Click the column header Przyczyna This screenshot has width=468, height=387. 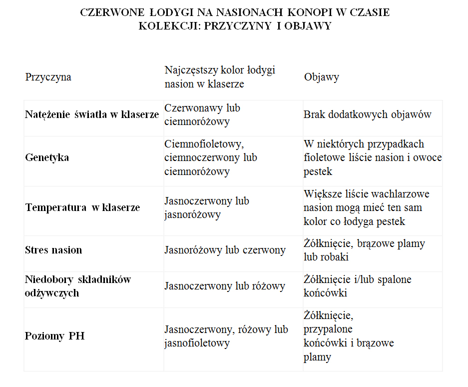click(x=48, y=77)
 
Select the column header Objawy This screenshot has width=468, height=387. click(x=321, y=77)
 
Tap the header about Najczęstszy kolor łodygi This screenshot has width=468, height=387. click(x=220, y=77)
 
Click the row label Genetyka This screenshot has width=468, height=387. click(x=47, y=157)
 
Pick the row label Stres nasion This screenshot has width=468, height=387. click(x=53, y=250)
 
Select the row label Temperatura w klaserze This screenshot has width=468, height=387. click(x=82, y=207)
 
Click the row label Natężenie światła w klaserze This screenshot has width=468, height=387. click(x=92, y=114)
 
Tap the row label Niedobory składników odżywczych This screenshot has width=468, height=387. click(x=77, y=286)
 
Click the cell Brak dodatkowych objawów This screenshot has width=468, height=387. click(x=367, y=114)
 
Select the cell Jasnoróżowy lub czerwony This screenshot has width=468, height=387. click(x=225, y=250)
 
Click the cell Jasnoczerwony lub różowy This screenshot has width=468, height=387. click(x=225, y=286)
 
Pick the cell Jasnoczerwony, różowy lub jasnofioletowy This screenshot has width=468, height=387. click(x=226, y=336)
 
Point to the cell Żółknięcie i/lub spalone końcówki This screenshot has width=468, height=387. click(x=357, y=286)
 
